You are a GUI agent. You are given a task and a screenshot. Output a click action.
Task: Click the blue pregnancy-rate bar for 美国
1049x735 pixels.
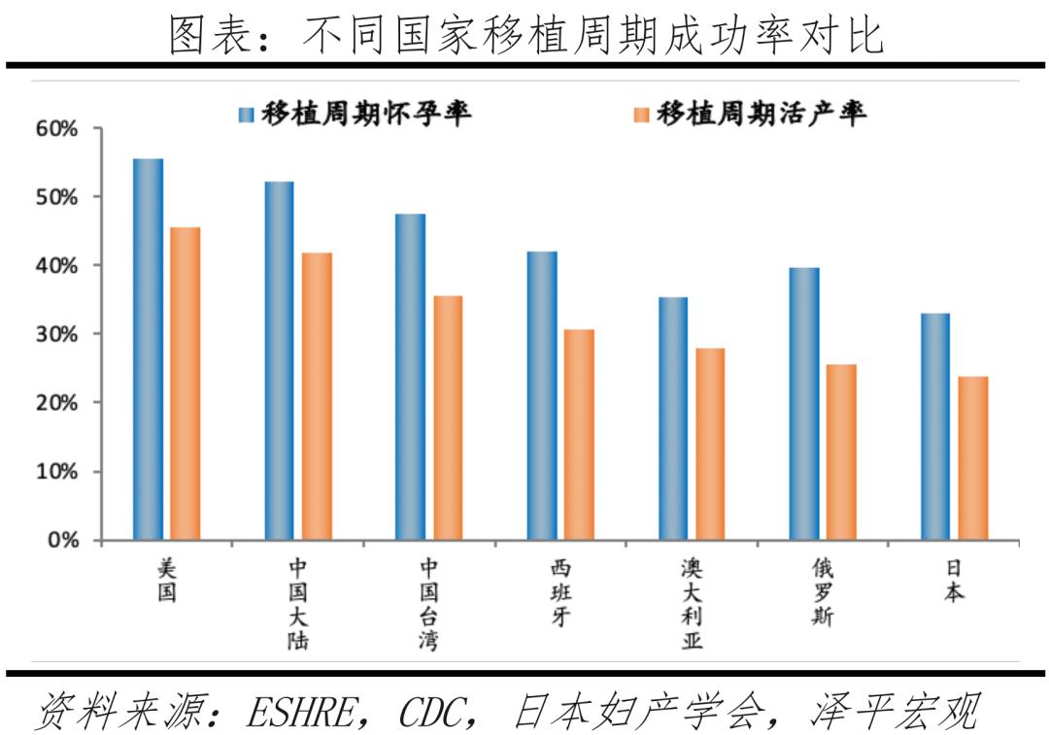pyautogui.click(x=149, y=349)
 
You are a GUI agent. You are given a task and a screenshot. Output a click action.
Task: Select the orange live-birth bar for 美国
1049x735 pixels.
pyautogui.click(x=185, y=384)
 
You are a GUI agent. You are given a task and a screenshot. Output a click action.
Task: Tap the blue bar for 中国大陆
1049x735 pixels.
pyautogui.click(x=279, y=360)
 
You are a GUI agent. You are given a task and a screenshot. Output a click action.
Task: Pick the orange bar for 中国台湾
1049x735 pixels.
pyautogui.click(x=448, y=418)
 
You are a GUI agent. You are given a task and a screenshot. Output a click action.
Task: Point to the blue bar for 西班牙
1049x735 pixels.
pyautogui.click(x=542, y=395)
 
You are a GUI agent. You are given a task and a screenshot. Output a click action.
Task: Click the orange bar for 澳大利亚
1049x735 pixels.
pyautogui.click(x=710, y=444)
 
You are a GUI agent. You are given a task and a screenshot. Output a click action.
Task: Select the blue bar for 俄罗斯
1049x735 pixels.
pyautogui.click(x=804, y=403)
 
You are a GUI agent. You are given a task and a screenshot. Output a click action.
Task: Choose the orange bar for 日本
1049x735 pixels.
pyautogui.click(x=972, y=457)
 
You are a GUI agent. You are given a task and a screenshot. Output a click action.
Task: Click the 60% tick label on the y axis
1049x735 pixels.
pyautogui.click(x=58, y=129)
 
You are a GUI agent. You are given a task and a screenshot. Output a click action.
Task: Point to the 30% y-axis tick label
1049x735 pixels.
pyautogui.click(x=58, y=334)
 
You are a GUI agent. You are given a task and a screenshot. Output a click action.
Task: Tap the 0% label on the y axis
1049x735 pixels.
pyautogui.click(x=63, y=540)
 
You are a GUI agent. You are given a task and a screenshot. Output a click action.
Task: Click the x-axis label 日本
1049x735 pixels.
pyautogui.click(x=954, y=580)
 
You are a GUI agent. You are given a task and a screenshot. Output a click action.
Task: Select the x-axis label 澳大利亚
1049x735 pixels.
pyautogui.click(x=692, y=603)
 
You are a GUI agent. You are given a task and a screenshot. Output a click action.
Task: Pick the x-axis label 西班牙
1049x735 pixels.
pyautogui.click(x=560, y=591)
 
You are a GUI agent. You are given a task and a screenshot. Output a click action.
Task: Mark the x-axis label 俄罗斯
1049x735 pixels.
pyautogui.click(x=823, y=591)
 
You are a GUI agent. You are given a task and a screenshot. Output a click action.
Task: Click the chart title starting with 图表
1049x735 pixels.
pyautogui.click(x=525, y=35)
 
